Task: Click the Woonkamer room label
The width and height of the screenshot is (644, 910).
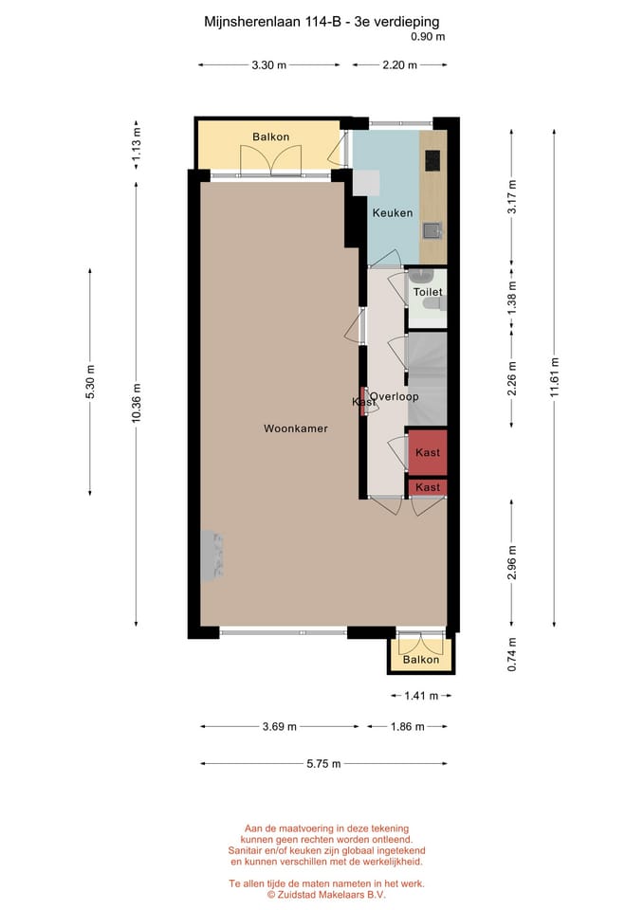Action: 296,428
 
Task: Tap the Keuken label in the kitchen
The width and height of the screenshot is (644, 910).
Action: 392,213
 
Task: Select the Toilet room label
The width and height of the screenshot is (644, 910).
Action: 427,293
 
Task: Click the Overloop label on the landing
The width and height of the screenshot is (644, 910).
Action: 395,396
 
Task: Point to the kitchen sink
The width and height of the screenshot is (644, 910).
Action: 432,229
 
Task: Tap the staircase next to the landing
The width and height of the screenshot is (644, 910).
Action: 427,377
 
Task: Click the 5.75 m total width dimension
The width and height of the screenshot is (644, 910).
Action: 323,764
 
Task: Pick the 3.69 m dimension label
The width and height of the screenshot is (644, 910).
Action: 280,727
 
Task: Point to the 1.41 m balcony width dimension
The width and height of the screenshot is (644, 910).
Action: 420,696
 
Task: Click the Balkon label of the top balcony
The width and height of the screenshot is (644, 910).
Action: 270,137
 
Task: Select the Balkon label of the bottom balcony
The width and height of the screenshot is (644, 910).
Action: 421,660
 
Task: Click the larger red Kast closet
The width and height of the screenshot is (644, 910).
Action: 427,453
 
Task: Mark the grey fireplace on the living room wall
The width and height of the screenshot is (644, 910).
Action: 212,555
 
